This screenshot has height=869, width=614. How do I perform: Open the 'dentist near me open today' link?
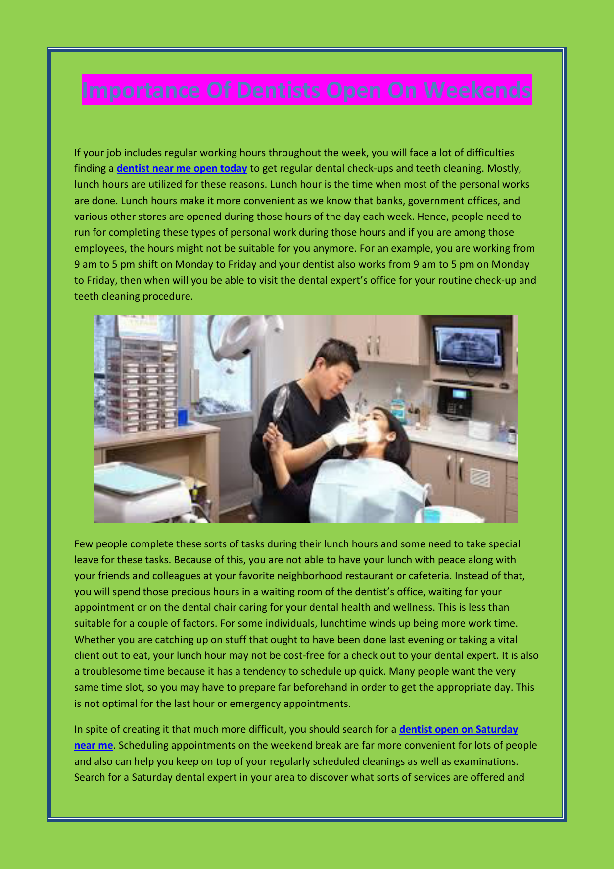point(182,168)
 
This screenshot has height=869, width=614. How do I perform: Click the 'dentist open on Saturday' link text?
point(458,729)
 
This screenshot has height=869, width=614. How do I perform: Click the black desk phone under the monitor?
point(455,402)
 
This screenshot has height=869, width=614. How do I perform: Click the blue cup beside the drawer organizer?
point(183,416)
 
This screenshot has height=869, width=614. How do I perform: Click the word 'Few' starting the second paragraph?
point(84,544)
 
